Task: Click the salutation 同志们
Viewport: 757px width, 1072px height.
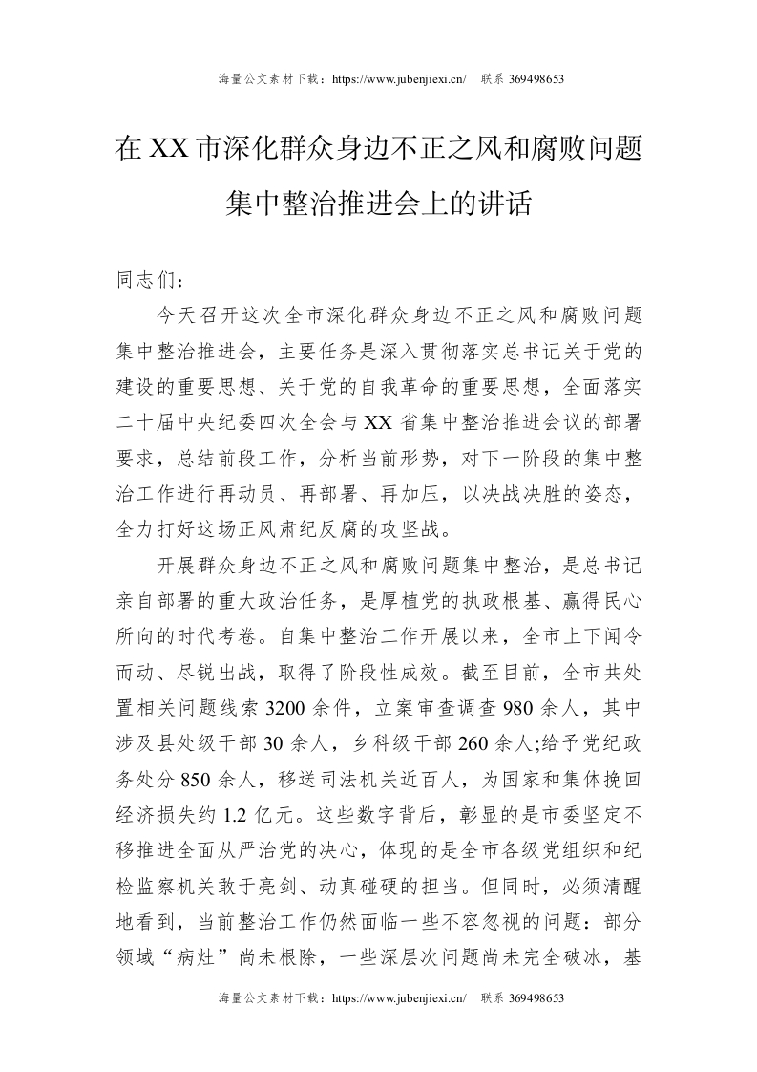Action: tap(143, 282)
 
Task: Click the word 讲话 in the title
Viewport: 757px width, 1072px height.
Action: tap(502, 204)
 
